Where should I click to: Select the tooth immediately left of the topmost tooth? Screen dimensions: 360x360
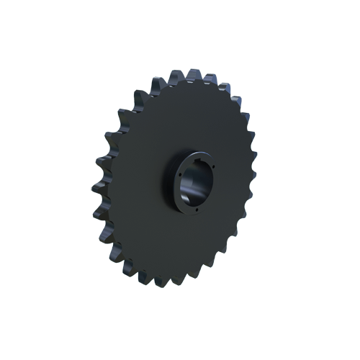coord(159,78)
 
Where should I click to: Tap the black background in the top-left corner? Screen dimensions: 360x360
coord(22,22)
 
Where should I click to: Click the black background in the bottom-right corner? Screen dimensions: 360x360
coord(338,338)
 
